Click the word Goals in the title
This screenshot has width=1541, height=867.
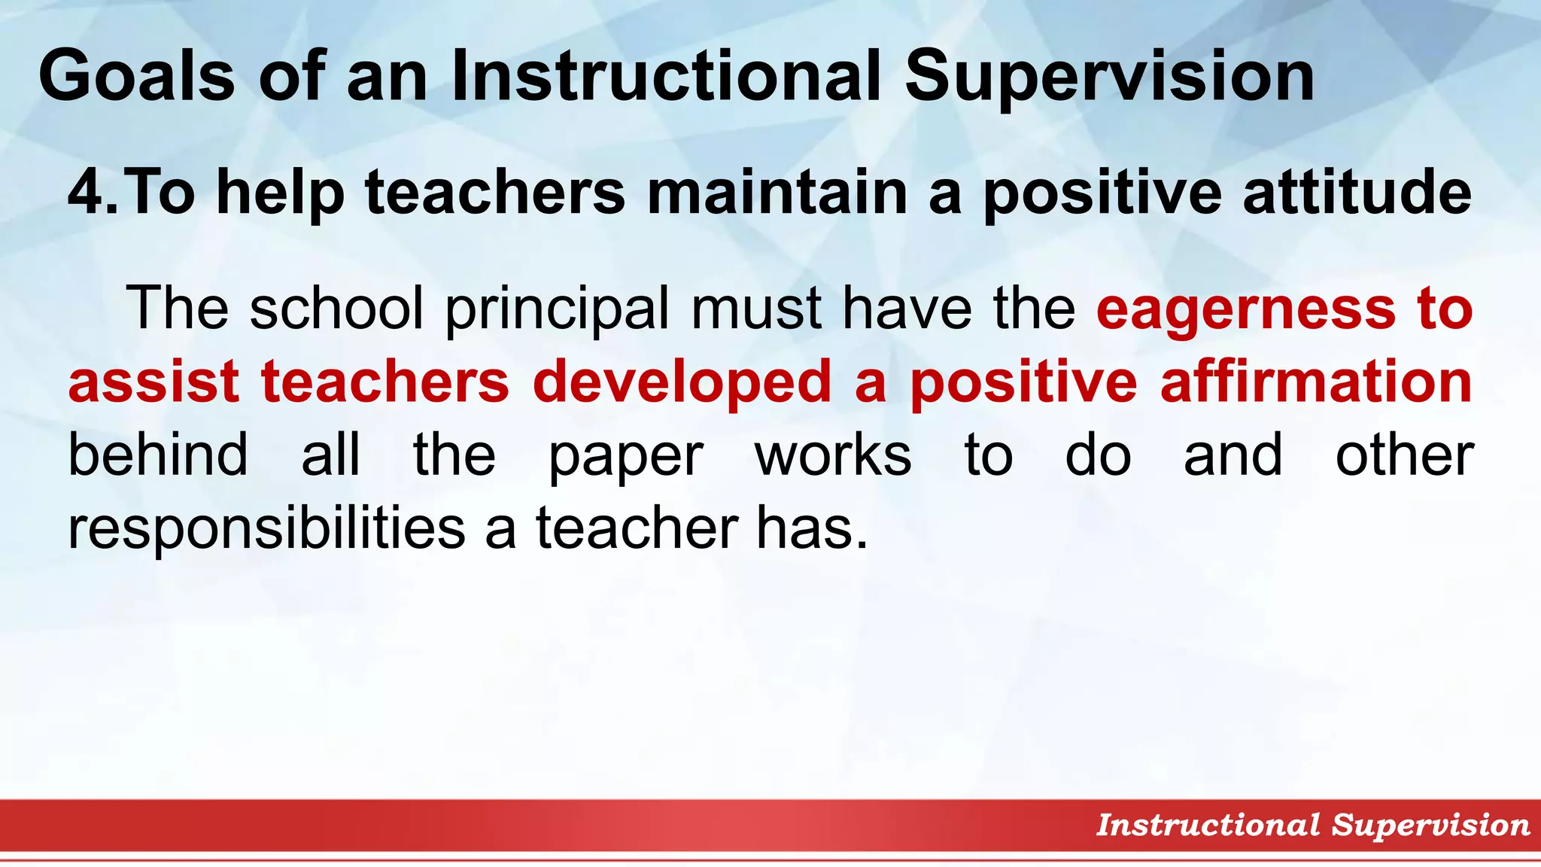click(x=136, y=76)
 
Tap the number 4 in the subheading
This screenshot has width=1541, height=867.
click(x=88, y=193)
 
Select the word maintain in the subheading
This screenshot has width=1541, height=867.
click(x=777, y=193)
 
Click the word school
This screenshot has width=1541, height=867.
click(x=336, y=308)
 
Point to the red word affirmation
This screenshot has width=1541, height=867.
click(x=1316, y=382)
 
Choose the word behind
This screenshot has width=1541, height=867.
click(x=158, y=455)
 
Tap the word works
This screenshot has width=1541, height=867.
click(x=833, y=455)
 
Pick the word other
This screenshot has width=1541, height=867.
click(x=1404, y=455)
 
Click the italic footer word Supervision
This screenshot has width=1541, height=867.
click(x=1430, y=826)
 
